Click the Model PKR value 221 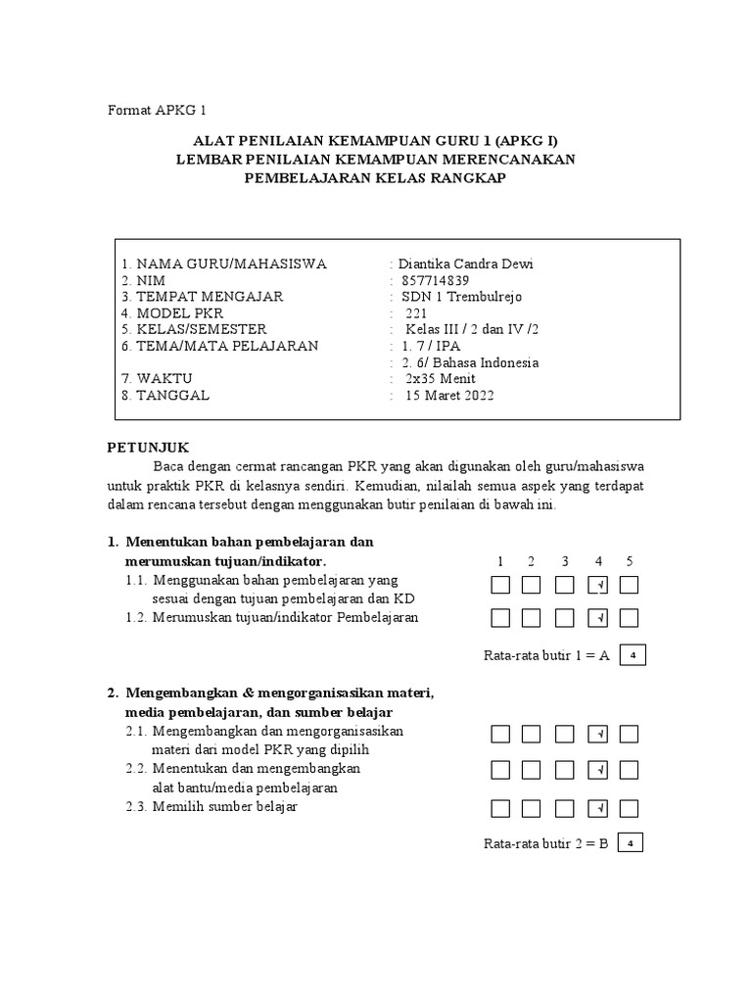(416, 313)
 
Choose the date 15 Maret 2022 (449, 396)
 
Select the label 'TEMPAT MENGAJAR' (210, 297)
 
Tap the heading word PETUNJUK (148, 447)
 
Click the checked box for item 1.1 (597, 586)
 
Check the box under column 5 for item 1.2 (630, 618)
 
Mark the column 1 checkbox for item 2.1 (500, 734)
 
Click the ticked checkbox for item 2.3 (597, 808)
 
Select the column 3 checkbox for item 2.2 (565, 771)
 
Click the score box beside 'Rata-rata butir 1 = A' (633, 654)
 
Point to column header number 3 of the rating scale (565, 561)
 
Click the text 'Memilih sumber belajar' (224, 807)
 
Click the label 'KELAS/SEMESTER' (201, 330)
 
